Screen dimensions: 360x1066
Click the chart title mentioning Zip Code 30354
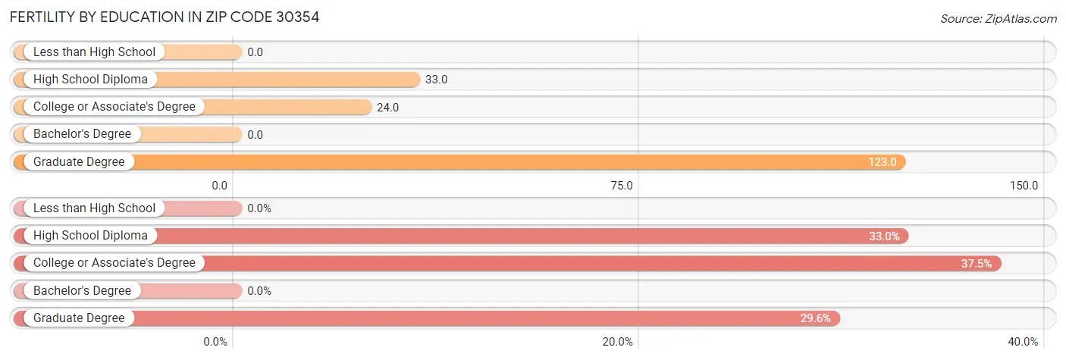[x=165, y=17]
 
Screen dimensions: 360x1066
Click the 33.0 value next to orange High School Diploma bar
[x=436, y=80]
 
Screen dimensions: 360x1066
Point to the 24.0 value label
[x=387, y=107]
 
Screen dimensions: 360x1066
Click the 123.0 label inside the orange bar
[x=883, y=161]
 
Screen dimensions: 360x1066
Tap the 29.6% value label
[x=816, y=318]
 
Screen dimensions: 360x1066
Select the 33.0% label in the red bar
[x=884, y=236]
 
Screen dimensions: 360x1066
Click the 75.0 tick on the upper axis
[x=622, y=185]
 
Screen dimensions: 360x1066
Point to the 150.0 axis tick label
[x=1024, y=185]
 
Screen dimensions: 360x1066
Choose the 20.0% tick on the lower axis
[x=618, y=342]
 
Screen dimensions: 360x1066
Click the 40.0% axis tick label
[x=1024, y=342]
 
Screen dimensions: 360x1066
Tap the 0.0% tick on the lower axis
[x=215, y=342]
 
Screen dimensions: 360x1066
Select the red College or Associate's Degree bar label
[x=114, y=263]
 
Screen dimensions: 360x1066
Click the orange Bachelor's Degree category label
[x=82, y=134]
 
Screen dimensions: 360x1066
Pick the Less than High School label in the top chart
[x=94, y=52]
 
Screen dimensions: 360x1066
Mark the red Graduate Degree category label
[x=79, y=318]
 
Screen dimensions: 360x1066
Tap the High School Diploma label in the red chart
[x=90, y=236]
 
